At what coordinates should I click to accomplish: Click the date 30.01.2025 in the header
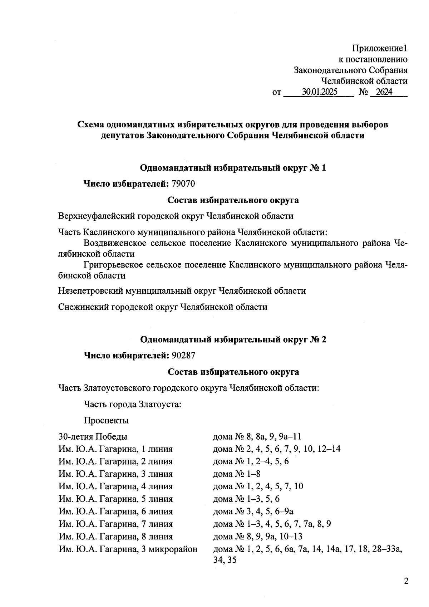(319, 92)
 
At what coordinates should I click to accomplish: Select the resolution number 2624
(384, 92)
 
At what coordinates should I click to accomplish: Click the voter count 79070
(183, 184)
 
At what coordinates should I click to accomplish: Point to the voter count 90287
(183, 356)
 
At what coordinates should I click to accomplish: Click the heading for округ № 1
(233, 168)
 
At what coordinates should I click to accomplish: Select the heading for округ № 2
(233, 339)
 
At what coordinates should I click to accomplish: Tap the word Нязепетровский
(90, 291)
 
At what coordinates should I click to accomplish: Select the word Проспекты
(106, 420)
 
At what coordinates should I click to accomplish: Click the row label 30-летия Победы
(93, 437)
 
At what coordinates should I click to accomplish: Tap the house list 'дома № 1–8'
(237, 474)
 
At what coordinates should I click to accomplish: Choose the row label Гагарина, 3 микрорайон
(128, 549)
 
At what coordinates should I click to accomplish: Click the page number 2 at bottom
(406, 581)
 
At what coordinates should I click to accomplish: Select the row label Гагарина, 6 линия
(115, 511)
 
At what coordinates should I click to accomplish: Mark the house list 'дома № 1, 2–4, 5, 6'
(251, 461)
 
